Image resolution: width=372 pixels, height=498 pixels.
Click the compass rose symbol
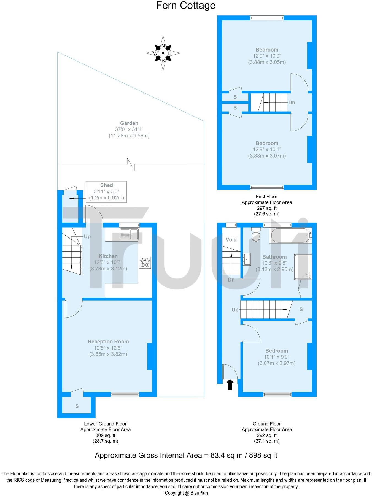[163, 53]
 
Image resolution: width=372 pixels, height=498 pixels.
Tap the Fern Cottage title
[186, 5]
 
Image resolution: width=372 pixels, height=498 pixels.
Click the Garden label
[129, 123]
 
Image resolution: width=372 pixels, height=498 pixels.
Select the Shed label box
[106, 191]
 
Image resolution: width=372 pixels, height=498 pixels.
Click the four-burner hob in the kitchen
[145, 262]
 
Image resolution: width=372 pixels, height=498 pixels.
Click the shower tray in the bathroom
[303, 267]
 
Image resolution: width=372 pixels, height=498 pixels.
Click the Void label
[231, 239]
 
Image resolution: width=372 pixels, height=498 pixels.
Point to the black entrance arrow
[230, 385]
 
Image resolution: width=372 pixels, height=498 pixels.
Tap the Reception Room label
[108, 342]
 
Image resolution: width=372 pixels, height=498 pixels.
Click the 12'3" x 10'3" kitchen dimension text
[108, 262]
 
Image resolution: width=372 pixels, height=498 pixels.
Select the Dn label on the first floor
[292, 102]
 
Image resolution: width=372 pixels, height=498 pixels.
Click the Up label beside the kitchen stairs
[87, 236]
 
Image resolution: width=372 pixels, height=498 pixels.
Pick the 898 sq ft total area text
[263, 455]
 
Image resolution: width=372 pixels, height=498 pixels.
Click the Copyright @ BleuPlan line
[186, 493]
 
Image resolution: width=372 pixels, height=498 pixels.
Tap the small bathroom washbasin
[246, 259]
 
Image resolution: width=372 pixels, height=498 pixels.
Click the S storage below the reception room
[77, 406]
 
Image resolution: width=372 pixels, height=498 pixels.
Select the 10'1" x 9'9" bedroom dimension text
[276, 357]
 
